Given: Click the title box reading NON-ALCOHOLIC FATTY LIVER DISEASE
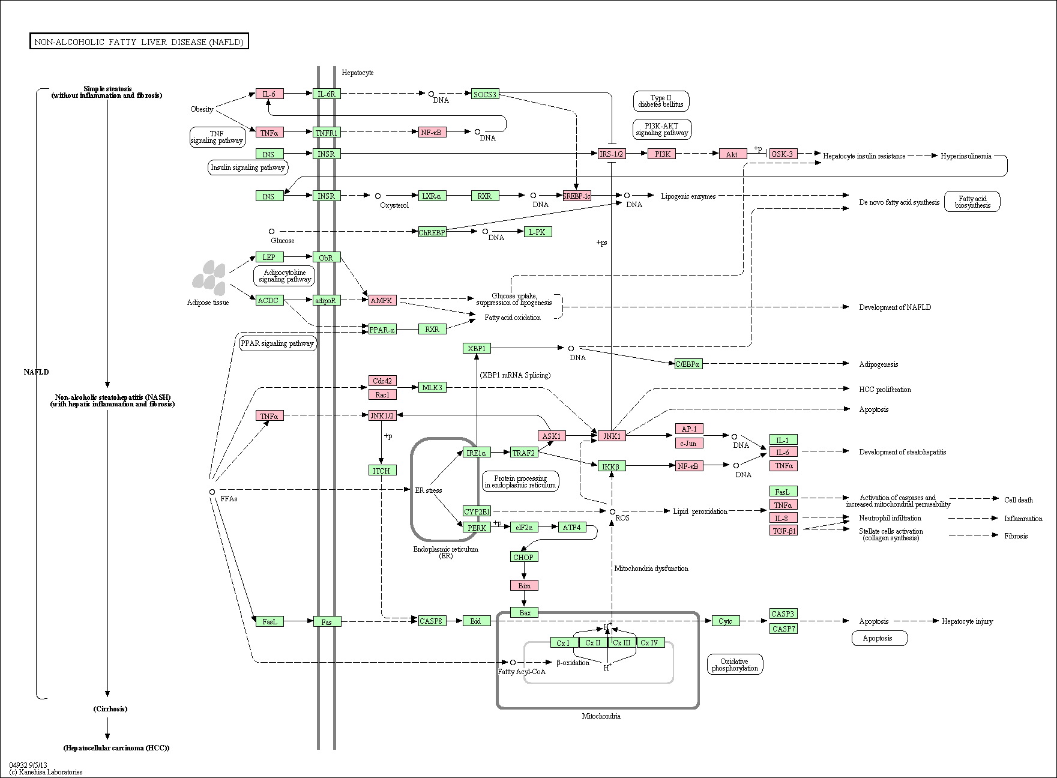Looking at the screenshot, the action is click(139, 41).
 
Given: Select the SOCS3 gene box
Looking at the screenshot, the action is click(485, 94).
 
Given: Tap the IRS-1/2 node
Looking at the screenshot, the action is click(612, 154).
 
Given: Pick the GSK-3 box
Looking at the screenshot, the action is click(782, 154).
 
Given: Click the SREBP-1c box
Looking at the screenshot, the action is click(577, 196).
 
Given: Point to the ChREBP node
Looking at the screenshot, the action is click(432, 232).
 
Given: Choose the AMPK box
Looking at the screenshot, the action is click(382, 300).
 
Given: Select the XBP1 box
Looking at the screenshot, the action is click(477, 348).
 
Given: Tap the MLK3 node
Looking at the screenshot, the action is click(432, 387).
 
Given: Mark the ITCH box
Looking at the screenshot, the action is click(382, 470).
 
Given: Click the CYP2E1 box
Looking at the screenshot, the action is click(477, 511).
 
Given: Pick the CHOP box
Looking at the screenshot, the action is click(524, 556).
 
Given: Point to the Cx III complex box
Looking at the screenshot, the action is click(622, 642).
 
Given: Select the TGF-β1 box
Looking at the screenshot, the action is click(784, 531).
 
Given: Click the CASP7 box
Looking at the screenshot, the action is click(784, 629).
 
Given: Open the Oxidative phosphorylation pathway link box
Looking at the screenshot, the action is click(735, 665).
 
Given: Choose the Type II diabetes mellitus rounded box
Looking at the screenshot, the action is click(661, 101).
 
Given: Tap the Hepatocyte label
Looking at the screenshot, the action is click(358, 73).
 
